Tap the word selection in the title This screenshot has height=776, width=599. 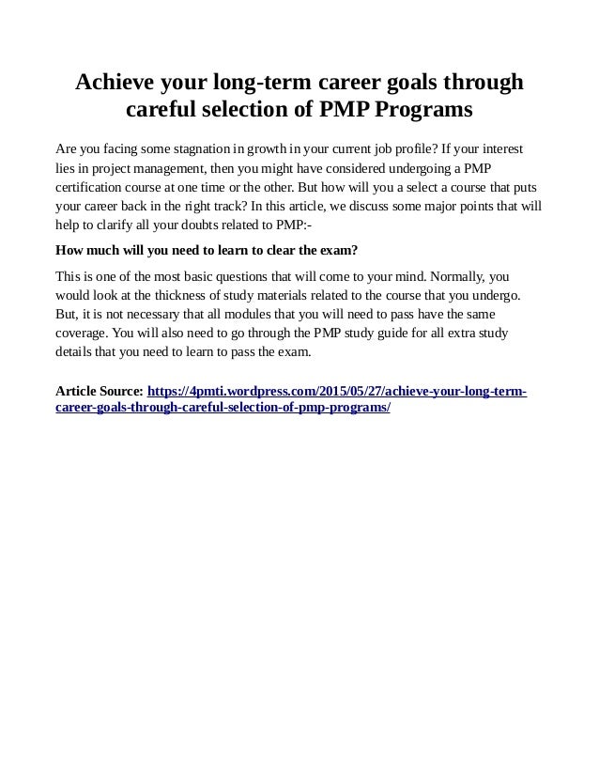tap(258, 111)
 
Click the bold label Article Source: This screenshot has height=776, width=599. tap(100, 391)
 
